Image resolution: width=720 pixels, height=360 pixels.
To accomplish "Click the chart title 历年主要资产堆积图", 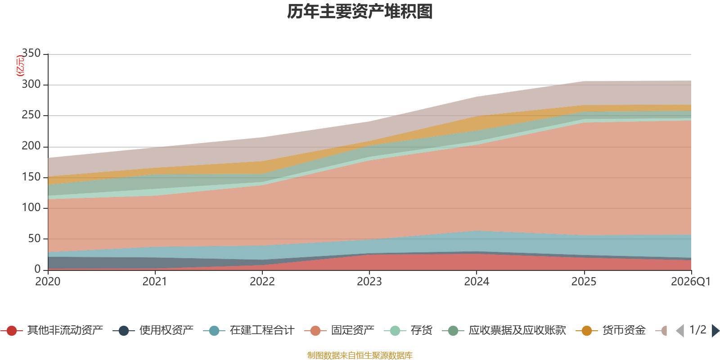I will (360, 12).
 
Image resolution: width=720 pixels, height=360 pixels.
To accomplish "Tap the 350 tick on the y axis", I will (31, 54).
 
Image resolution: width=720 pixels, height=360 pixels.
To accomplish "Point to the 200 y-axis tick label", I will (31, 146).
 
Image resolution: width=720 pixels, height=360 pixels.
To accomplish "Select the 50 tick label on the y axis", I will (34, 238).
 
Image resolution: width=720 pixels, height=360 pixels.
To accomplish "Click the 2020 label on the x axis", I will (48, 282).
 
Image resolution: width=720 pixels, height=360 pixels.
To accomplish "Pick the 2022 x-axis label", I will (262, 282).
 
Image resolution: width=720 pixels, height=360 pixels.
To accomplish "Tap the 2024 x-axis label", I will (477, 282).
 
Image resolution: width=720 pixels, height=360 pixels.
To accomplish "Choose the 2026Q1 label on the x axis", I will (690, 282).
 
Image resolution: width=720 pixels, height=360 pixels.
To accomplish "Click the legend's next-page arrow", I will (715, 331).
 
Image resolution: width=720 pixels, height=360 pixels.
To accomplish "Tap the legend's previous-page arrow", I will (680, 331).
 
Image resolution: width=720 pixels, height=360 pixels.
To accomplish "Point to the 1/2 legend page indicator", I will (697, 330).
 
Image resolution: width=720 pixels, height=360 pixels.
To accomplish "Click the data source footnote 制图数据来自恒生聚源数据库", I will (360, 355).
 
